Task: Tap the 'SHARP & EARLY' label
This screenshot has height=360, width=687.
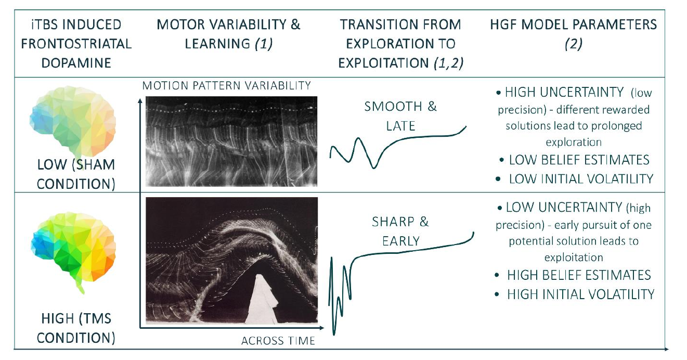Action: (x=400, y=232)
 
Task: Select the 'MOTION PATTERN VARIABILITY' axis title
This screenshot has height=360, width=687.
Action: (x=226, y=85)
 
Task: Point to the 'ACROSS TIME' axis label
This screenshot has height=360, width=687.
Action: (x=278, y=341)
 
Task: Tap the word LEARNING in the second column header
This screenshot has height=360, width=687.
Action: (x=218, y=44)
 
